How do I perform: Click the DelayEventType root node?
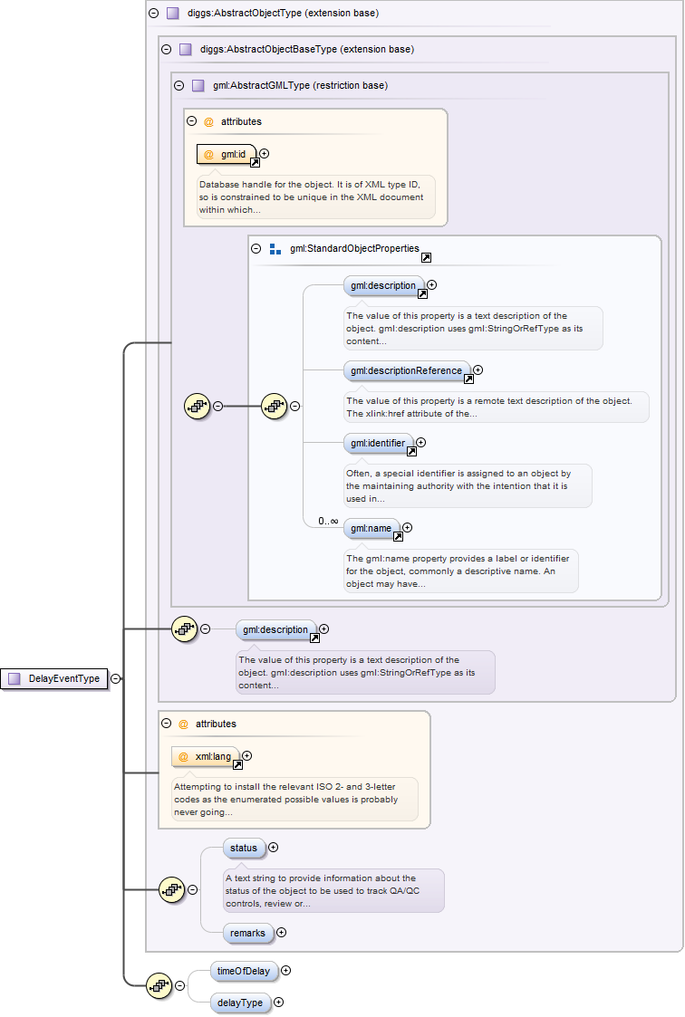tap(55, 678)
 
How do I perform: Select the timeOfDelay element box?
tap(244, 971)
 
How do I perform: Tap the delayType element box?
tap(240, 1003)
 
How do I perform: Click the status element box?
tap(244, 849)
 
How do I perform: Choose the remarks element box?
tap(246, 932)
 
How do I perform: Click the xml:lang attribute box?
tap(206, 756)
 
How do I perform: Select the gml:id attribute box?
tap(227, 154)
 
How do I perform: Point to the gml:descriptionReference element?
tap(407, 370)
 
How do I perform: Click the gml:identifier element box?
tap(378, 444)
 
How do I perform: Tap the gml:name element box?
tap(371, 528)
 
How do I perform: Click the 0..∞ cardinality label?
tap(328, 522)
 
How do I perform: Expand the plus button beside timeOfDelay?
tap(286, 970)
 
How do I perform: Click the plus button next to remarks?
tap(281, 932)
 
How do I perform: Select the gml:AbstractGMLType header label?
tap(300, 86)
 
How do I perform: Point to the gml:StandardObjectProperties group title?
tap(354, 248)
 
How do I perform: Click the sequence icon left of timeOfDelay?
tap(159, 986)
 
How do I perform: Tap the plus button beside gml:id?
tap(265, 153)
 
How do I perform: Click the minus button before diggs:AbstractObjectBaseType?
tap(165, 50)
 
